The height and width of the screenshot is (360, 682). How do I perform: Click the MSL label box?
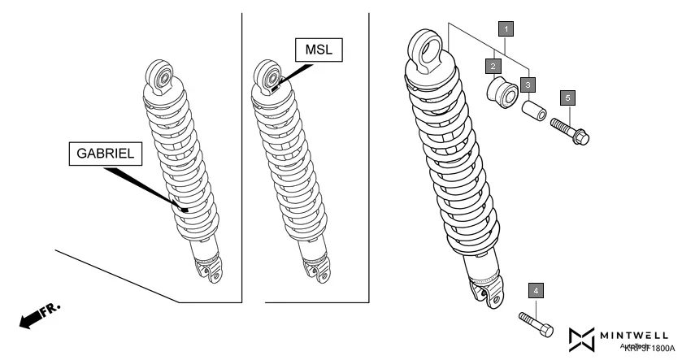coord(319,50)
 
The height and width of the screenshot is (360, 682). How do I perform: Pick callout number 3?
coord(528,84)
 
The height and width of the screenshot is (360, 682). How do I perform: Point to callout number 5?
coord(568,97)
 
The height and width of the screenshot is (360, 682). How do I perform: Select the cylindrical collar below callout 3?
coord(533,110)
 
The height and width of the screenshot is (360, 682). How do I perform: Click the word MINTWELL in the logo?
coord(636,333)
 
